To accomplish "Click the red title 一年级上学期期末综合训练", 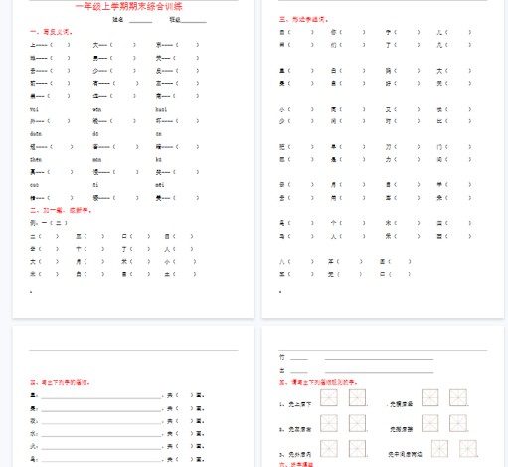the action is (135, 6).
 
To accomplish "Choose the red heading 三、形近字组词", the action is (302, 18).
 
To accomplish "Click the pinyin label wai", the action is (35, 108).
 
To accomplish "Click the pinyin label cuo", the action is (35, 184).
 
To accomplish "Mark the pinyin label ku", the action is (158, 158).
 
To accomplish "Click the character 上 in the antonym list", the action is (33, 45).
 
